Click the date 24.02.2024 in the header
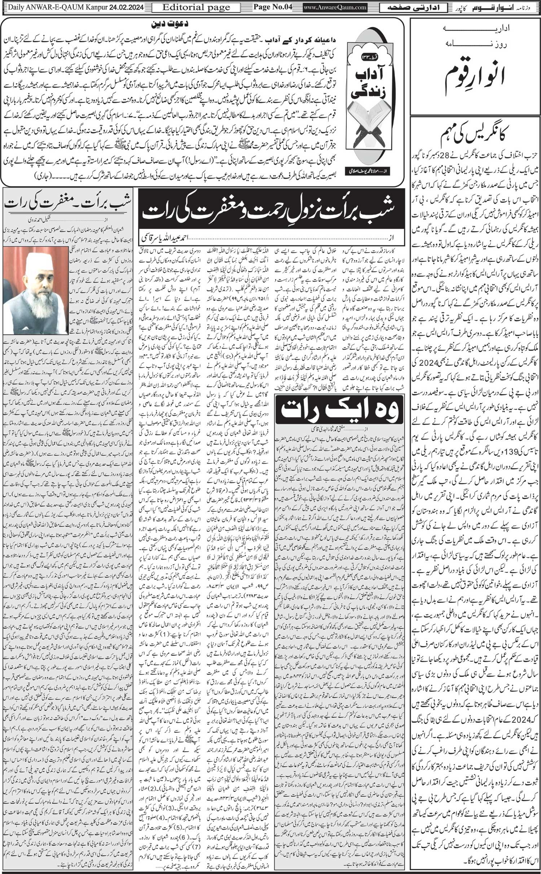pos(125,6)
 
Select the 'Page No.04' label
pos(269,6)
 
